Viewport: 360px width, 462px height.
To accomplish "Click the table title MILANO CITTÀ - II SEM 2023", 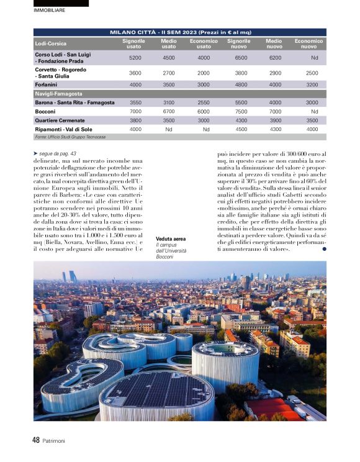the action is pyautogui.click(x=180, y=32).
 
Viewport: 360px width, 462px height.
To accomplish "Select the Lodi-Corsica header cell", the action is pyautogui.click(x=51, y=43).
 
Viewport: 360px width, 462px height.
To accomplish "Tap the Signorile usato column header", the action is pyautogui.click(x=133, y=43).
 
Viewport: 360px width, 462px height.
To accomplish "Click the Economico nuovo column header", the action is pyautogui.click(x=308, y=43).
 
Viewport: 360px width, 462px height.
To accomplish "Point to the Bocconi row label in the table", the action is pyautogui.click(x=45, y=111).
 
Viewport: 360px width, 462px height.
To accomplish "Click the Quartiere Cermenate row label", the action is pyautogui.click(x=60, y=120).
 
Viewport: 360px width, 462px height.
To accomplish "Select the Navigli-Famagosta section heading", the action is pyautogui.click(x=59, y=94).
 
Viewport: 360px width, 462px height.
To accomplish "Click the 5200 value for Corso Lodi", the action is pyautogui.click(x=135, y=57).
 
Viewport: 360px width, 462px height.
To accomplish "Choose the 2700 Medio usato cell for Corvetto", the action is pyautogui.click(x=168, y=73).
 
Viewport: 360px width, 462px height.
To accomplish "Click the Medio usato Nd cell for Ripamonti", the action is pyautogui.click(x=168, y=129).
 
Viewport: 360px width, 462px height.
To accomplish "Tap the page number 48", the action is pyautogui.click(x=36, y=440).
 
